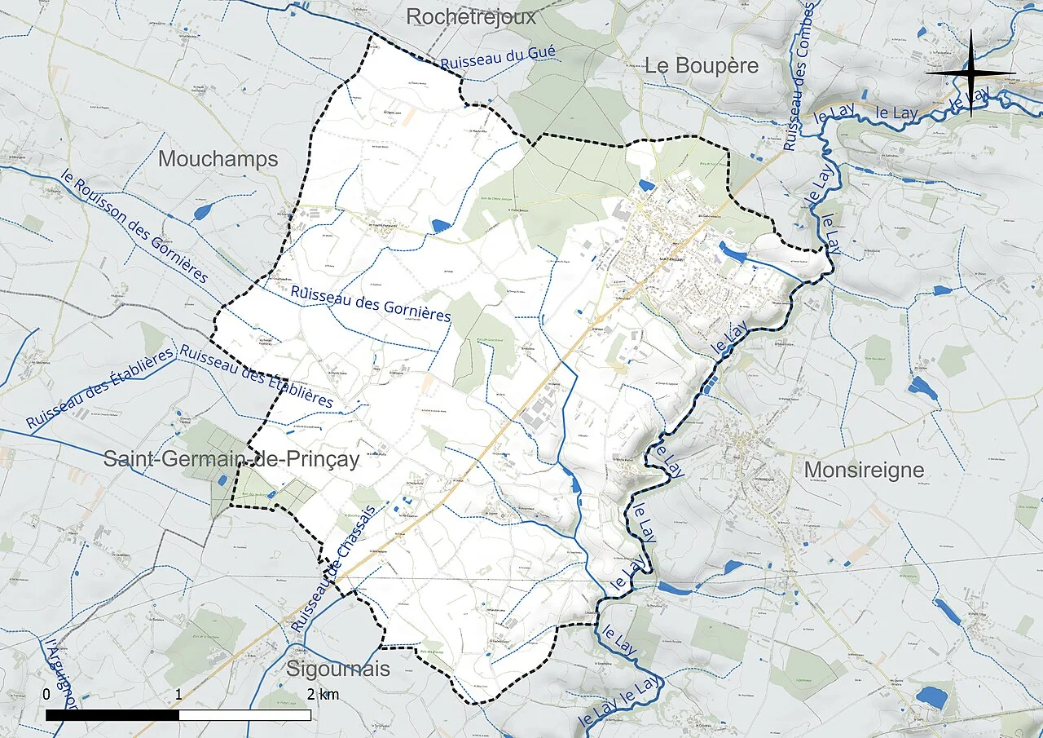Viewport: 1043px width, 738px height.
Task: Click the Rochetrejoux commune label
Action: tap(471, 16)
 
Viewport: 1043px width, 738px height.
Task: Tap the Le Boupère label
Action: tap(702, 66)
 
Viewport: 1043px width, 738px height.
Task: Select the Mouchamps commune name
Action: tap(218, 159)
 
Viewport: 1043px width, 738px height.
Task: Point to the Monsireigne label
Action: tap(864, 471)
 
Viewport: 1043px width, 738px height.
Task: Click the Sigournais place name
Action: tap(338, 670)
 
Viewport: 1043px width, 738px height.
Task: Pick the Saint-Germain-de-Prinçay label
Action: tap(231, 459)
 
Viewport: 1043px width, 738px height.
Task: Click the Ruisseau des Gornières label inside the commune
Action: tap(371, 303)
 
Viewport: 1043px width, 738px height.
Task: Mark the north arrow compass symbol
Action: tap(970, 73)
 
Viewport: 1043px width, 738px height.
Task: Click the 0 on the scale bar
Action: tap(46, 695)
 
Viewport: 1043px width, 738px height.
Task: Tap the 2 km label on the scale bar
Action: tap(323, 695)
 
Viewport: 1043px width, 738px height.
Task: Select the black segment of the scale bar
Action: tap(112, 715)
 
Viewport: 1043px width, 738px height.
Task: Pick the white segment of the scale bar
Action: tap(244, 715)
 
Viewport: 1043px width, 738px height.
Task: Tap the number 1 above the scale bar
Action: tap(178, 695)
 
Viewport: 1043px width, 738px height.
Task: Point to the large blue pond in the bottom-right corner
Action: tap(931, 697)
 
